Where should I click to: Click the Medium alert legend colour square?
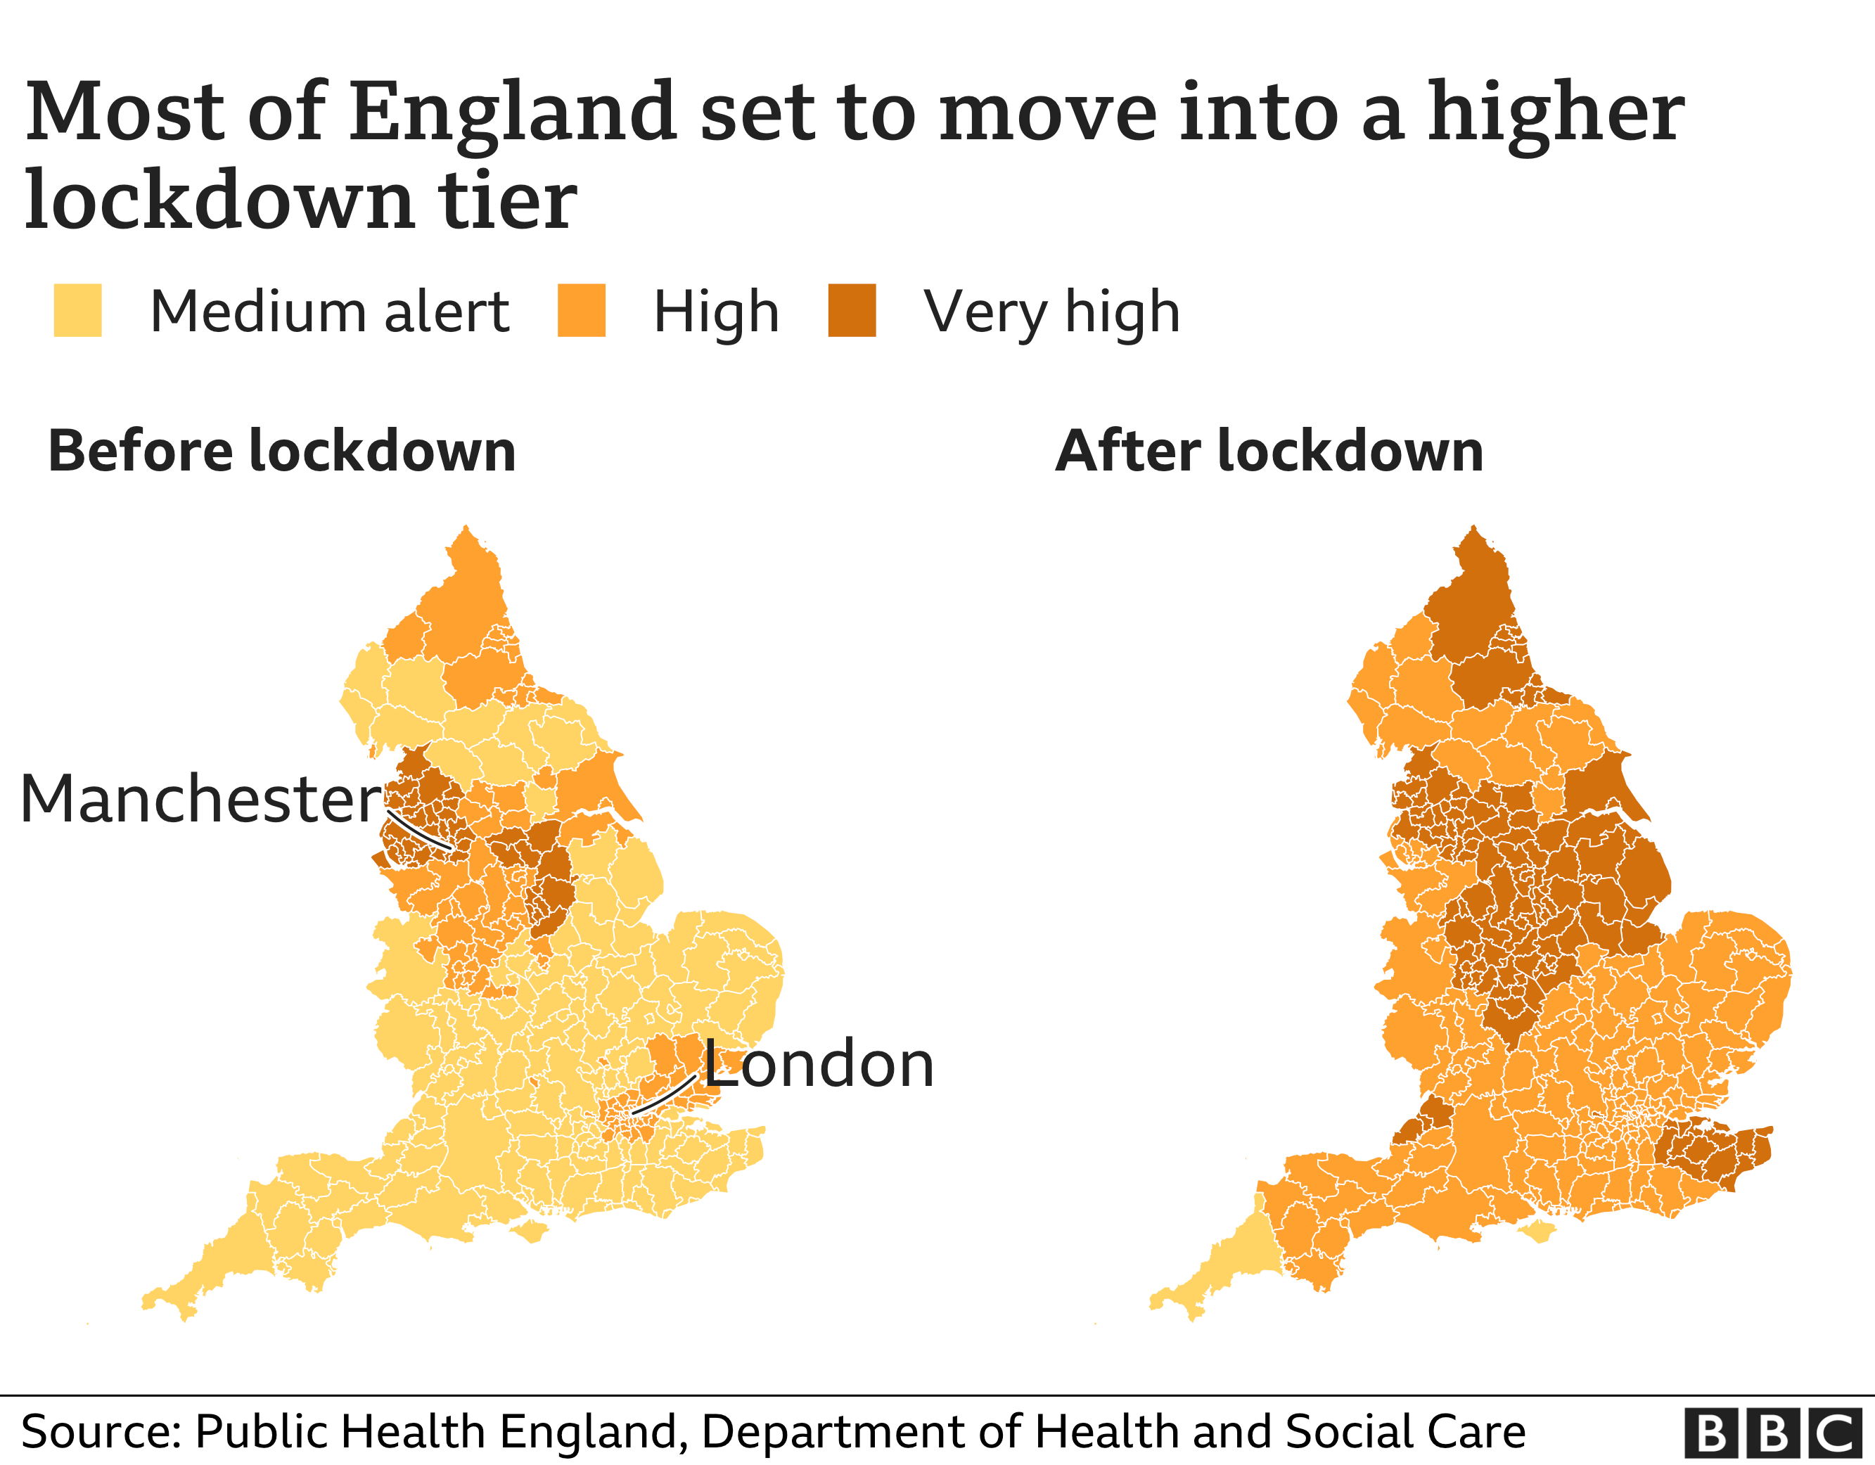pos(77,310)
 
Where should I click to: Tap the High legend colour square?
pos(581,310)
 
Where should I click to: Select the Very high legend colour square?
pos(852,310)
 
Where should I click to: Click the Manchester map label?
pos(200,800)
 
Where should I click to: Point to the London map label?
pos(818,1064)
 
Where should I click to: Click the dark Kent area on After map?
pos(1708,1155)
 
